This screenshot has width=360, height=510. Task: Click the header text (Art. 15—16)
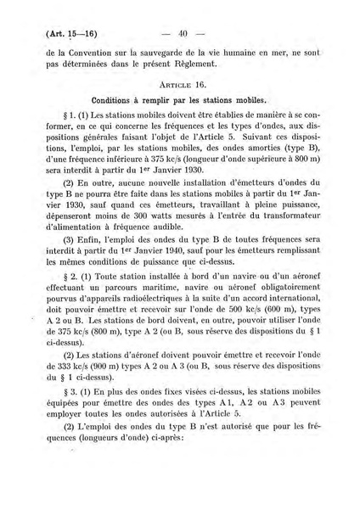(69, 35)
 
